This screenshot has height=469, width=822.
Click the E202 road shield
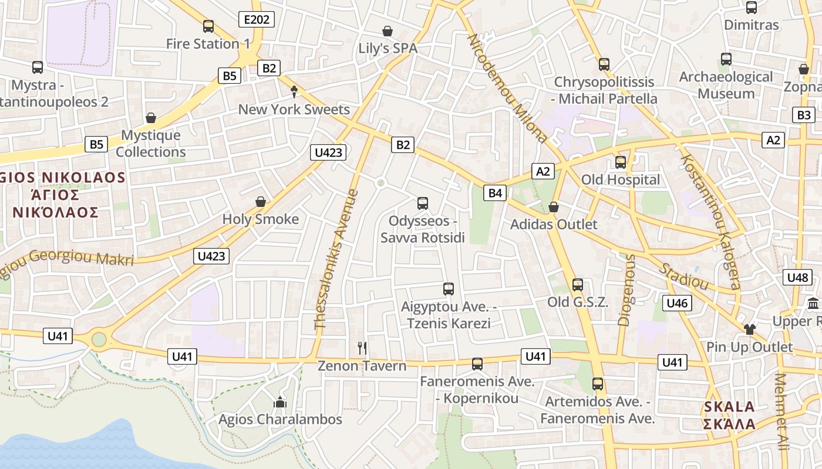tap(257, 20)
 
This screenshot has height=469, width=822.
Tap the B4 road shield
tap(496, 192)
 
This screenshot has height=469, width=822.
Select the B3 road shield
tap(804, 115)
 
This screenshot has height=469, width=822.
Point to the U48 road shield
tap(797, 277)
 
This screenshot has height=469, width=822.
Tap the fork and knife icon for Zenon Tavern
tap(362, 348)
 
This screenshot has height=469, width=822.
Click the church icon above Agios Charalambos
tap(280, 402)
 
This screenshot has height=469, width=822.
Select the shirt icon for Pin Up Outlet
tap(749, 329)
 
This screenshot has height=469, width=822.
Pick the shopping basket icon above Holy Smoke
tap(261, 202)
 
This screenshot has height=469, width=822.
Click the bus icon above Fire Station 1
tap(208, 26)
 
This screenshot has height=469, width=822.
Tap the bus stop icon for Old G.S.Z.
tap(578, 285)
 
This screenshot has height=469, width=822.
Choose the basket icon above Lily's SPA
tap(388, 31)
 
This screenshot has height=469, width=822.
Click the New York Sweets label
tap(294, 110)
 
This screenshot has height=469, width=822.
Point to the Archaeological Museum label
tap(726, 85)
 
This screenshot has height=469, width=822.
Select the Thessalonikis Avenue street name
tap(336, 259)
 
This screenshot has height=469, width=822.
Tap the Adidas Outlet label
tap(554, 225)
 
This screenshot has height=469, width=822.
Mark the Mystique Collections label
tap(151, 144)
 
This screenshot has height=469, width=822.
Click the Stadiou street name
tap(684, 276)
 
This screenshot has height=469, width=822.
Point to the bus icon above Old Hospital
tap(621, 162)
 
